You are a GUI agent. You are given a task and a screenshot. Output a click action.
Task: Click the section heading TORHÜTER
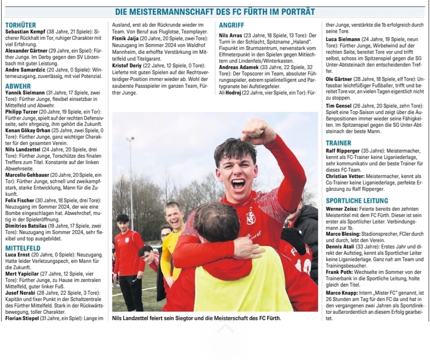coord(21,25)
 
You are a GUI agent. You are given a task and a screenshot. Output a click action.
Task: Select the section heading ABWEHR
coord(18,86)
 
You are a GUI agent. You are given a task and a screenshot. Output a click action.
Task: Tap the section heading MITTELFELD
coord(23,248)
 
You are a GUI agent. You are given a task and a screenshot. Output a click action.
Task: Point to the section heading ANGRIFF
coord(231,25)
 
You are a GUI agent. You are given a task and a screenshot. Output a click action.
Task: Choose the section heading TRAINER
coord(339,143)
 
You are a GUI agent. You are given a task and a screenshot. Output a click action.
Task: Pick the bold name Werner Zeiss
coord(342,209)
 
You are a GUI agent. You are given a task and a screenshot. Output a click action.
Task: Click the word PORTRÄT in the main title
coord(292,11)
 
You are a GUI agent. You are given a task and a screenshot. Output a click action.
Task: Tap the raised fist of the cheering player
coord(258,131)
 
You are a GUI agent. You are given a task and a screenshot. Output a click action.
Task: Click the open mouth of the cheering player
coord(238,184)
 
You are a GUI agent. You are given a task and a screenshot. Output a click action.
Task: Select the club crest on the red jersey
coord(251,217)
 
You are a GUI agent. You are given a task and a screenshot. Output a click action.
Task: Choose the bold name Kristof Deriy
coord(126,65)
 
